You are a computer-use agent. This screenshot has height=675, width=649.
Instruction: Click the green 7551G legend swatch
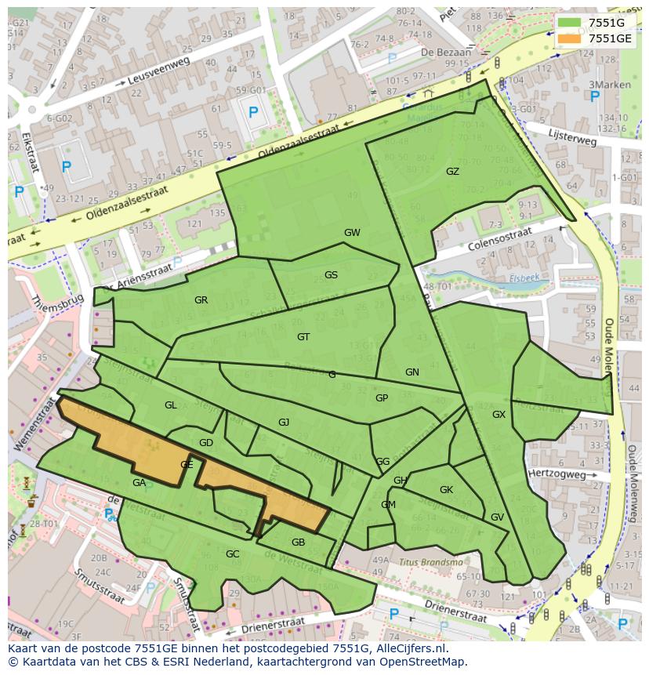(x=569, y=23)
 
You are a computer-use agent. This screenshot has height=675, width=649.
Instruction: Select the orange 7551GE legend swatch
(x=569, y=38)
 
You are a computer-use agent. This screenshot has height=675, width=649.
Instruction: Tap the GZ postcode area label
(x=452, y=172)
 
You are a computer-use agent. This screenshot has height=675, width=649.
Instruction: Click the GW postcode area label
(x=352, y=233)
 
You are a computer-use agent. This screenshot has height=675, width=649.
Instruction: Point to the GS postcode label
(x=331, y=275)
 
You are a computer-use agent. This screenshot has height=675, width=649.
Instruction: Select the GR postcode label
(x=201, y=300)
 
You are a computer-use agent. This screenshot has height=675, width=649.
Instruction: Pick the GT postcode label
(x=303, y=337)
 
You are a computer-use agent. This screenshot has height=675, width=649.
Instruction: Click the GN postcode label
(x=412, y=372)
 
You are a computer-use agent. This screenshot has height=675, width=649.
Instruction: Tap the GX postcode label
(x=499, y=415)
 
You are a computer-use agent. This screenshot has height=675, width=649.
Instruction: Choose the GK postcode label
(x=446, y=490)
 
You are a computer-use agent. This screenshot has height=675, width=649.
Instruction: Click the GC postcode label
(x=232, y=554)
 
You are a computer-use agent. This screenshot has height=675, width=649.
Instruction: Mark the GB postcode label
(x=298, y=543)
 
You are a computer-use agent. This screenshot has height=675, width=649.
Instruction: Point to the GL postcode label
(x=170, y=405)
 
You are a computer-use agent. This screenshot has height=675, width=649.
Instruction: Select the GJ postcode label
(x=284, y=423)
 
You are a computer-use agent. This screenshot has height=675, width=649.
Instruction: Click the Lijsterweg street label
(x=573, y=138)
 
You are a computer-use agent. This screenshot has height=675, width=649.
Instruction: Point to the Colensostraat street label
(x=499, y=237)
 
